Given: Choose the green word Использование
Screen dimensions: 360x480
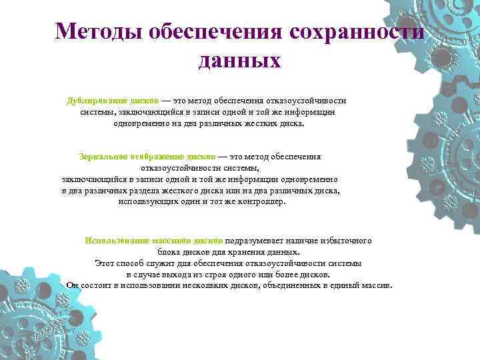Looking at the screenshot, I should [117, 241].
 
